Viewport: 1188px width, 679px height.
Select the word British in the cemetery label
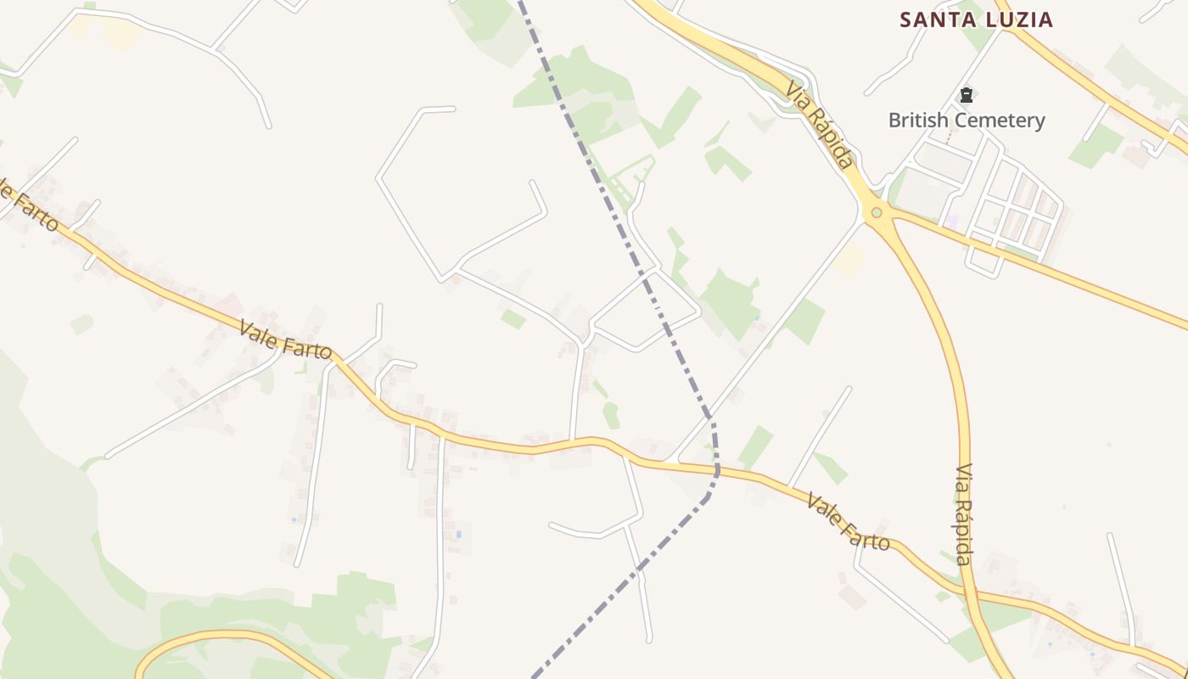click(918, 121)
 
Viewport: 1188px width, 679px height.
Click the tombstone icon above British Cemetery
click(966, 95)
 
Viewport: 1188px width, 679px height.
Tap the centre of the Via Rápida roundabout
click(876, 212)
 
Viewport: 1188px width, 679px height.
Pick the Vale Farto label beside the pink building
click(285, 339)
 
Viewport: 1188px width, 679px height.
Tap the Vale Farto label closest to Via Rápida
click(848, 521)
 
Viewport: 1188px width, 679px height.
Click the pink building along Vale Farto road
click(227, 304)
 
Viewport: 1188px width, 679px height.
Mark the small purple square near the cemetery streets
click(952, 222)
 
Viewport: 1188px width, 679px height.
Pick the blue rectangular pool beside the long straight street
click(459, 534)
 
